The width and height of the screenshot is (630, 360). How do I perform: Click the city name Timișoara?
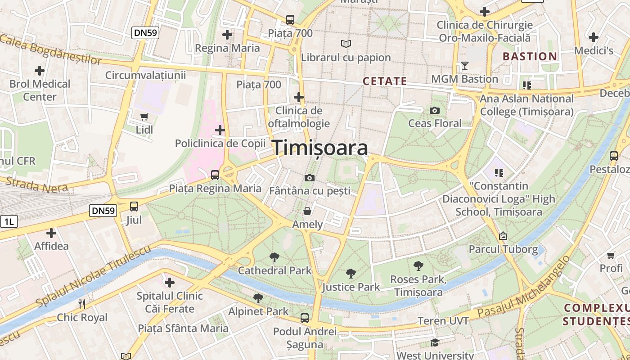coord(320,148)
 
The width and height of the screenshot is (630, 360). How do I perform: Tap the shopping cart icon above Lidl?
coord(144,117)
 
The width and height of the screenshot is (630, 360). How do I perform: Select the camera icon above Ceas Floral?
coord(435,110)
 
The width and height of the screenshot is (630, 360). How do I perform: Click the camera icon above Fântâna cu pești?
coord(309,178)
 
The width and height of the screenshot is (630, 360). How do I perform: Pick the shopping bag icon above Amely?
coord(307,211)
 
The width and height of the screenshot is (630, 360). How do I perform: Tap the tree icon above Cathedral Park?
coord(274,257)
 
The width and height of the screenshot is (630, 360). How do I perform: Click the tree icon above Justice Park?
coord(351,274)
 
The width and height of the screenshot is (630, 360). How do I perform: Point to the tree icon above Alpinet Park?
coord(258,298)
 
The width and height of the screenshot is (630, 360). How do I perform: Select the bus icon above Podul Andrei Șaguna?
coord(305,318)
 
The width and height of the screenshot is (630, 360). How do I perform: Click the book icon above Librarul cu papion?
coord(346,44)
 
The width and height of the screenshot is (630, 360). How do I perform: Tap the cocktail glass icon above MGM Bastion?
coord(465,66)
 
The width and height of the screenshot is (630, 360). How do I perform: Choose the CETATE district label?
coord(385,81)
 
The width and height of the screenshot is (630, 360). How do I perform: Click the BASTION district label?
coord(530,57)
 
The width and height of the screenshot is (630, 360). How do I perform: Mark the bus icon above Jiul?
coord(134,207)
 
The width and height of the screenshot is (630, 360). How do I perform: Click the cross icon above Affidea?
coord(51,233)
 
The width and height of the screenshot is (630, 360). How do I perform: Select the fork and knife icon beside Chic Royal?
coord(82,304)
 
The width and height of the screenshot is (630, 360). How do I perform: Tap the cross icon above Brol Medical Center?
coord(40,71)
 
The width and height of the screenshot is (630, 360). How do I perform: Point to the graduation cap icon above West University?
coord(435,343)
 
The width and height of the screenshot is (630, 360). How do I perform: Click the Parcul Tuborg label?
coord(503,249)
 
